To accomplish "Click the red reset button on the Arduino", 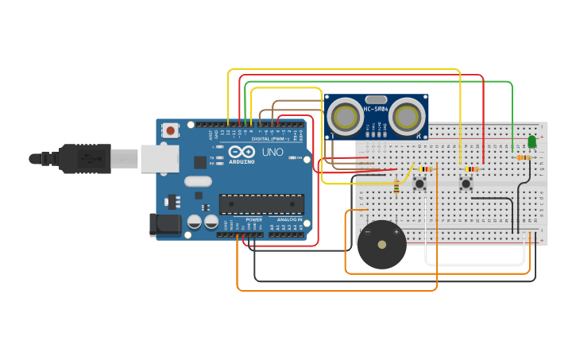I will pos(170,130).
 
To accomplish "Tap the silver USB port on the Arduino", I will pos(159,158).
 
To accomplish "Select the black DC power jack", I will pos(165,224).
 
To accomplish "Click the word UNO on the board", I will pos(273,152).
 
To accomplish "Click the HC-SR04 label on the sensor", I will pos(375,109).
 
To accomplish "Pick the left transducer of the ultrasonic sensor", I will pos(346,117).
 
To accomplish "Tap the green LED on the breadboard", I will pos(532,141).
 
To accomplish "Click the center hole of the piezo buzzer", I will pos(381,246).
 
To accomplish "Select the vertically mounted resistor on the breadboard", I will pos(396,187).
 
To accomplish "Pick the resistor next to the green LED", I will pos(523,157).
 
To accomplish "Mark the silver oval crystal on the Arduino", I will pos(199,181).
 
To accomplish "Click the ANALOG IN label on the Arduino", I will pos(288,219).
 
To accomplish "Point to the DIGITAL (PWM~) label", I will pos(266,138).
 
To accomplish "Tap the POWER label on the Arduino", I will pos(253,219).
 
